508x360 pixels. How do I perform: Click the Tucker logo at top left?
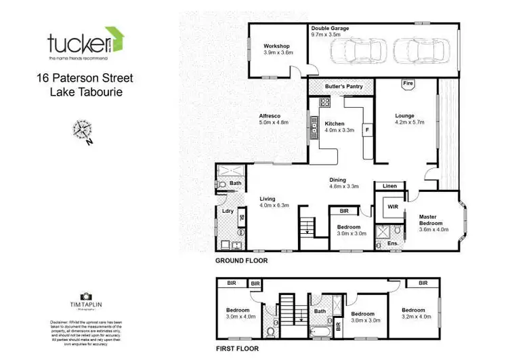(x=84, y=43)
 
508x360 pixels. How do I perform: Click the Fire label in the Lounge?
(x=408, y=83)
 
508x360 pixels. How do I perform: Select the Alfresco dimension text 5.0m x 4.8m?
(x=274, y=123)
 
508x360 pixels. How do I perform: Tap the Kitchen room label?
(x=335, y=123)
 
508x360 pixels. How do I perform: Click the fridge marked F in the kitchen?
(x=367, y=128)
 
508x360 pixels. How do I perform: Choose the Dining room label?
(x=339, y=179)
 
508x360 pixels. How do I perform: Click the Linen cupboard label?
(x=389, y=186)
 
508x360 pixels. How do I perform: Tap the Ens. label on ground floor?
(x=392, y=243)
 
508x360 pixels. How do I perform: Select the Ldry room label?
(x=228, y=211)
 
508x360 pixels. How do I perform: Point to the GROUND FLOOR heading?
(x=241, y=260)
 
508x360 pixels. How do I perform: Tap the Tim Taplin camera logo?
(x=86, y=296)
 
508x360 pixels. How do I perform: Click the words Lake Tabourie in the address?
(x=86, y=92)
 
